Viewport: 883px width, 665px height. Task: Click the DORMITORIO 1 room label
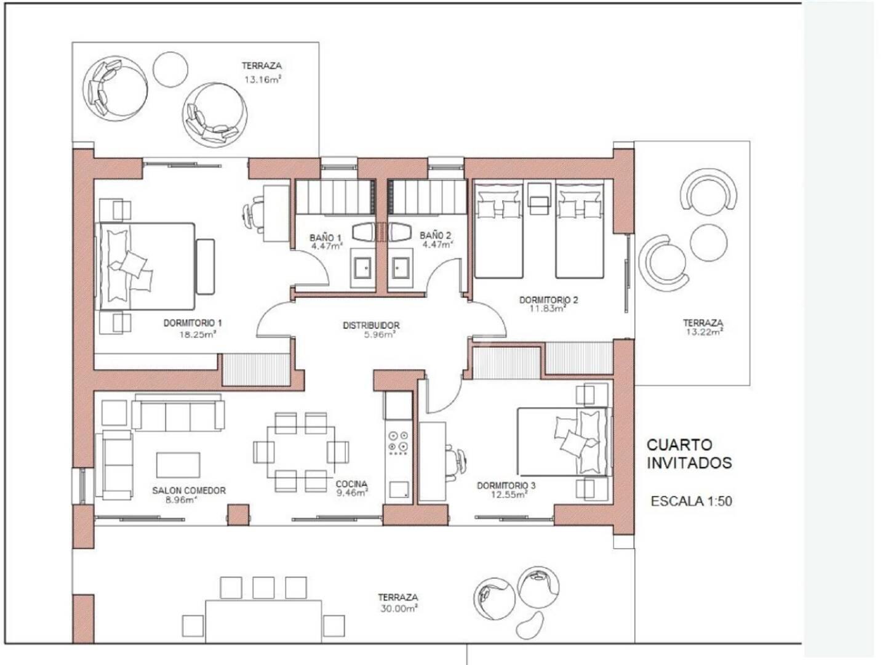193,323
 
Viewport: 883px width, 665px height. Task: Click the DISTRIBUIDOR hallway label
371,325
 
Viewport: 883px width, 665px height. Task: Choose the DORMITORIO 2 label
549,300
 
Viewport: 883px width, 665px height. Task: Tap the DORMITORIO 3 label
506,485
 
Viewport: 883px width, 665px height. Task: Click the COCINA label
351,484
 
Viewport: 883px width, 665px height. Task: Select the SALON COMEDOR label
189,490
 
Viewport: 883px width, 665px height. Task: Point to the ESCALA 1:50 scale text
691,501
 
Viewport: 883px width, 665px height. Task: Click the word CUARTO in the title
674,445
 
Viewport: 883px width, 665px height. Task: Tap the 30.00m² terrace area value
399,608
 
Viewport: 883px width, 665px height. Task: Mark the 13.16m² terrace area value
263,79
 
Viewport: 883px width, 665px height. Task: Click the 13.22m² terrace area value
703,332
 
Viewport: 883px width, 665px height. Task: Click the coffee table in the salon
178,465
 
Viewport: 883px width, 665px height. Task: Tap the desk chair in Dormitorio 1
253,213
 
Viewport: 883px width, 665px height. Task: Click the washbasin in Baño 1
363,268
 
